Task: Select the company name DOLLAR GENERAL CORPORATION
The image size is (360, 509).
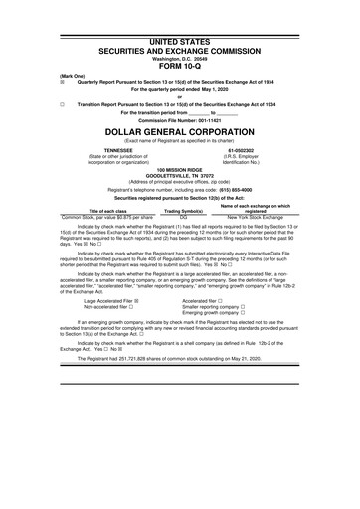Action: pos(180,131)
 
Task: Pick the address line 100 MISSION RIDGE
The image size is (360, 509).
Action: pos(180,171)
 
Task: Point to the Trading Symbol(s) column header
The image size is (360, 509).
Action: pos(184,210)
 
